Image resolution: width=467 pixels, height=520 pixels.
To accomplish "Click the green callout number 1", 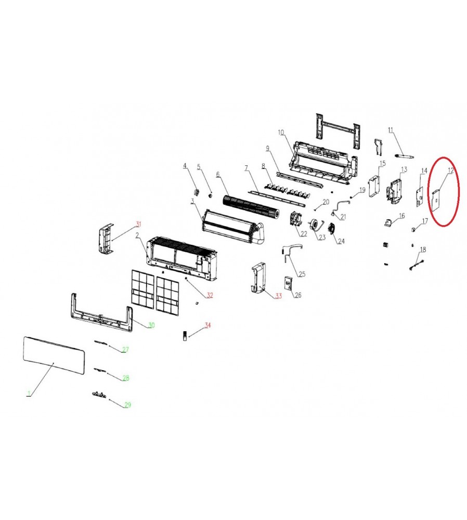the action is click(29, 394).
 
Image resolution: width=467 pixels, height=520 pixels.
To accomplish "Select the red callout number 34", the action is click(207, 325).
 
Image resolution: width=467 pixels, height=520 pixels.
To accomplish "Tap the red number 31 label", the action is click(138, 224).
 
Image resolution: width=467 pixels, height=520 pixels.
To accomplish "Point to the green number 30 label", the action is click(151, 325).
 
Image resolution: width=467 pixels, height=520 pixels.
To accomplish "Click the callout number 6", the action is click(217, 174).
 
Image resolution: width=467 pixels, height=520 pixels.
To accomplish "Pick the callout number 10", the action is click(281, 133).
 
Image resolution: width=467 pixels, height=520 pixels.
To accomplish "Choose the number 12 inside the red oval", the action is click(450, 171).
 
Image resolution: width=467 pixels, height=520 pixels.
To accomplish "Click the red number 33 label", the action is click(278, 295).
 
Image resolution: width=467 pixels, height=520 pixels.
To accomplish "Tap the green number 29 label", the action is click(128, 405).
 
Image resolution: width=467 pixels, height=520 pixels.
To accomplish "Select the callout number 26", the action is click(298, 295).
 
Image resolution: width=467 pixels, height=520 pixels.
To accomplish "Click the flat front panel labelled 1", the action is click(54, 355).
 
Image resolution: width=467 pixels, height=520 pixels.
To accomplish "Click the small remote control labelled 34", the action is click(185, 335).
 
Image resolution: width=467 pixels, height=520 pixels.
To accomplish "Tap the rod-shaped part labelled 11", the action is click(405, 155).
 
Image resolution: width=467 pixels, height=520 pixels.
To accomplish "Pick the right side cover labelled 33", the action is click(259, 278).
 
